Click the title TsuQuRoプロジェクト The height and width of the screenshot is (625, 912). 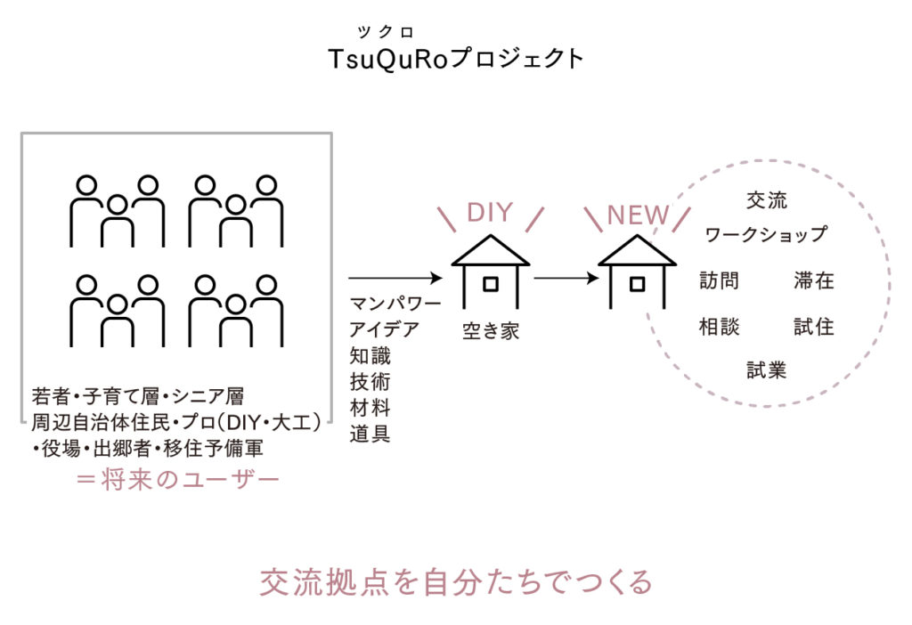(x=455, y=59)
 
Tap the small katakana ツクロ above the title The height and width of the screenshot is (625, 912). (x=387, y=33)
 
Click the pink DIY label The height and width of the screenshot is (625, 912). (x=490, y=213)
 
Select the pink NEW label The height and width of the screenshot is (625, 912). (x=637, y=215)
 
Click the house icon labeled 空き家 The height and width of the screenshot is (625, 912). (x=490, y=272)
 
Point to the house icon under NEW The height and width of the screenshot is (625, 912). (x=636, y=272)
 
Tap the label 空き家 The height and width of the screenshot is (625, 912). (x=490, y=331)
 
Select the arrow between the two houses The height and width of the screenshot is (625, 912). (x=566, y=278)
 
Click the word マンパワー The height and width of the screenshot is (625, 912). (x=395, y=304)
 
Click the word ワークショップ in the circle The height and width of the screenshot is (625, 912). (x=766, y=235)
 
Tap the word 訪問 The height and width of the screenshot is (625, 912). (x=719, y=281)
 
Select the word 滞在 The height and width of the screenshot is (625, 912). (x=814, y=281)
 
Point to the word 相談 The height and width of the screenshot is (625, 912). (x=719, y=327)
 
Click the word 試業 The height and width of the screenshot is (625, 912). (x=766, y=369)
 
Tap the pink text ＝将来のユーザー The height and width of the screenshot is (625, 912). (x=177, y=480)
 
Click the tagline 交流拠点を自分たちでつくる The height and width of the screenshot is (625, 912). (x=456, y=581)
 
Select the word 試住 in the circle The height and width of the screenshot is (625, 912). (x=814, y=327)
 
